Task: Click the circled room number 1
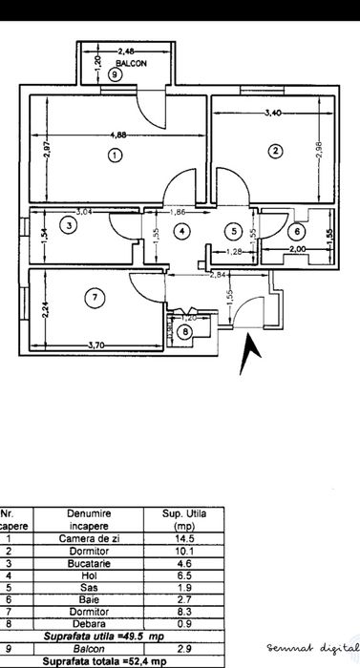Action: [115, 155]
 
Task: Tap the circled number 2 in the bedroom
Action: [274, 150]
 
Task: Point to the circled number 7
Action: [94, 299]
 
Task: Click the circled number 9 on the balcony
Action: [115, 73]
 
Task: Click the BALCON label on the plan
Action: [116, 60]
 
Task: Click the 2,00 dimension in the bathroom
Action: [297, 249]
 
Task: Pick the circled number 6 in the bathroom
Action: [297, 230]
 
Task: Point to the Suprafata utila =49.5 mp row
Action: [111, 638]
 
